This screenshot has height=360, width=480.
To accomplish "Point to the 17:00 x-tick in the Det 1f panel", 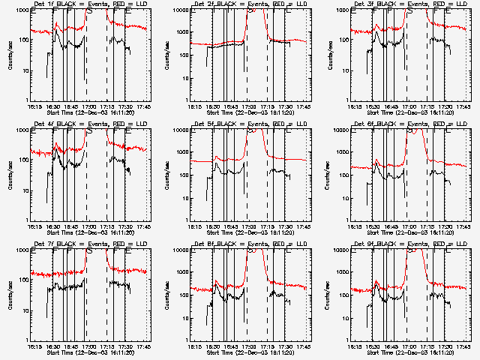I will (89, 106).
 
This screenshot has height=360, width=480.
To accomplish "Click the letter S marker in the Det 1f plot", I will (90, 11).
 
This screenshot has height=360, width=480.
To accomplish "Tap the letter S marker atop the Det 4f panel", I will (90, 131).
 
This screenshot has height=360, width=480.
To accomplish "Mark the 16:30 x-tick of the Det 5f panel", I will (212, 226).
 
